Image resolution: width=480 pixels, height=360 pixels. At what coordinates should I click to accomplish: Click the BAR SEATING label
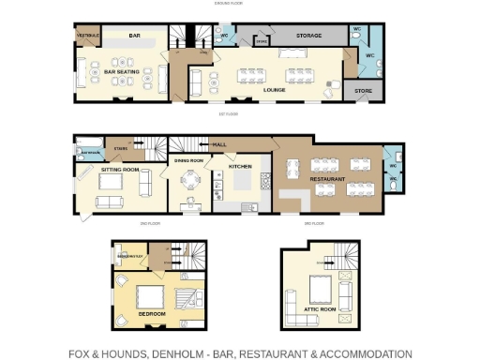pos(122,70)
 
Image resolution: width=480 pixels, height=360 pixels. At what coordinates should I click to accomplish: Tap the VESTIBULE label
pos(88,37)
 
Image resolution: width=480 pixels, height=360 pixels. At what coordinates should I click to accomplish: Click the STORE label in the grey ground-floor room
pos(362,92)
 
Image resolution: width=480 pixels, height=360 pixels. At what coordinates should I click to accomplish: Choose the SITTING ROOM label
pos(120,170)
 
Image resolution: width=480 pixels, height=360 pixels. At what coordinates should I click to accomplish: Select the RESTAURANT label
pos(328,178)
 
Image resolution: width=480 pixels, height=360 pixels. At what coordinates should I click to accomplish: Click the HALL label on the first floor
pos(219,144)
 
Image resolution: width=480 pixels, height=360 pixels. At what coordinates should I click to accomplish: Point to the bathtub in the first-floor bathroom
pos(90,151)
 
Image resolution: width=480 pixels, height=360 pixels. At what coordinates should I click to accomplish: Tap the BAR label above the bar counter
pos(135,37)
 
